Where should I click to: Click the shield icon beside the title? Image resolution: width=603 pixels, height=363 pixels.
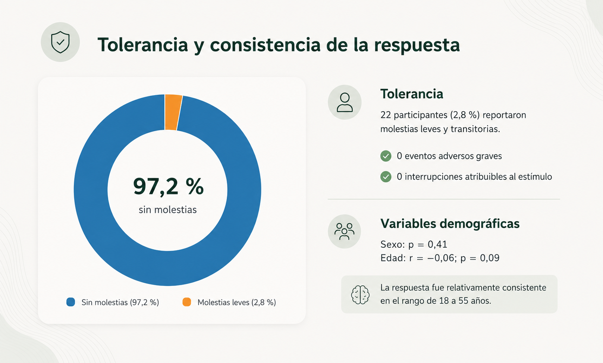(x=60, y=42)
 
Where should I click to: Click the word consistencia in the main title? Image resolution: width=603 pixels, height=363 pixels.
(x=265, y=45)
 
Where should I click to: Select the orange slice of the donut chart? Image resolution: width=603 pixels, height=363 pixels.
(x=173, y=112)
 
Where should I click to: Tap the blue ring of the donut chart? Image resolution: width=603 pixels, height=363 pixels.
(x=91, y=190)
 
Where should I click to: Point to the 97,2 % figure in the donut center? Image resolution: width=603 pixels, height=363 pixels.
(x=168, y=186)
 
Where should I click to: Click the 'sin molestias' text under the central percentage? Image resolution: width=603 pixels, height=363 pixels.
(x=168, y=210)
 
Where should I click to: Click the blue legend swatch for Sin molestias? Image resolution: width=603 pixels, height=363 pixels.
(x=71, y=302)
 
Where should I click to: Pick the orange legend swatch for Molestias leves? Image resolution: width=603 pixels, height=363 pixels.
(x=187, y=302)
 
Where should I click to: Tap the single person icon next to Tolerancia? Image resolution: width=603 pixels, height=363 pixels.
(x=345, y=102)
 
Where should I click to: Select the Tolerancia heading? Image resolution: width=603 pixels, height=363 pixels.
(x=412, y=94)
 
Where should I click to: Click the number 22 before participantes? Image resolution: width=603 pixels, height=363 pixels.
(x=386, y=115)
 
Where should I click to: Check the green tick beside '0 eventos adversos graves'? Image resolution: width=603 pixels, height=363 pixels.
(x=386, y=156)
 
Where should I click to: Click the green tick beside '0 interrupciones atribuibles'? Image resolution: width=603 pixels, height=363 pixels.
(x=386, y=177)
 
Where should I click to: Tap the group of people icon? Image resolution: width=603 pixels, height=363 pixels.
(x=344, y=231)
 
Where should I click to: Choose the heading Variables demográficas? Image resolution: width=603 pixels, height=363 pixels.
(x=450, y=223)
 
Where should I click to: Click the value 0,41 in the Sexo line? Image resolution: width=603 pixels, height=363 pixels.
(x=437, y=244)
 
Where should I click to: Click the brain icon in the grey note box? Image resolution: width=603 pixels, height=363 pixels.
(x=360, y=295)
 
